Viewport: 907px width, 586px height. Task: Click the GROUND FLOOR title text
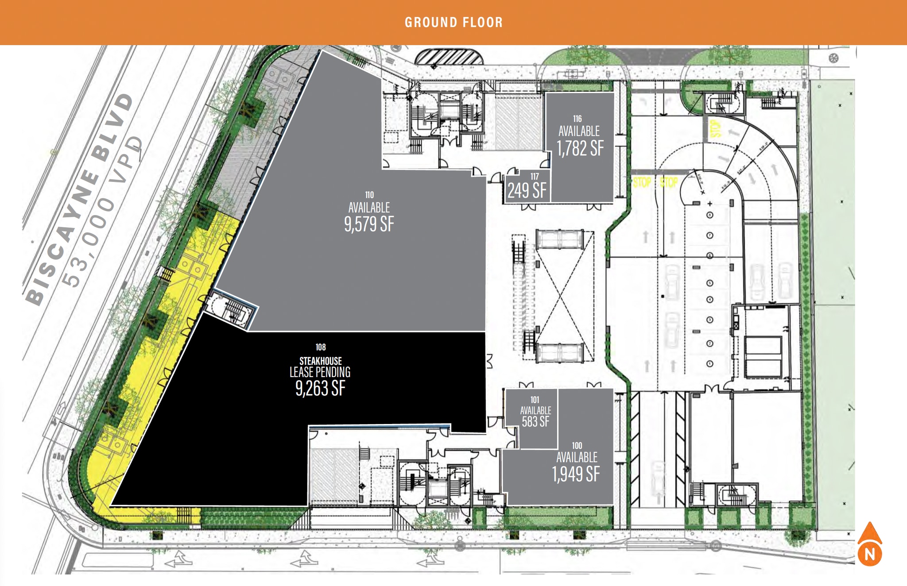(453, 22)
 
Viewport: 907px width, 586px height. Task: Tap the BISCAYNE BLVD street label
(80, 199)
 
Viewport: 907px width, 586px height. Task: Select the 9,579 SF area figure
(369, 224)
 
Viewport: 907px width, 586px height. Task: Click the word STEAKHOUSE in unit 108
(321, 361)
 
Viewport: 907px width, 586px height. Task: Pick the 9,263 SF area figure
(320, 388)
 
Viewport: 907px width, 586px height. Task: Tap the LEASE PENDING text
(320, 372)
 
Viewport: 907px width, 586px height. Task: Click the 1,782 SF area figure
(580, 148)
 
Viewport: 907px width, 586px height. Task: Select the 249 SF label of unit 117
(527, 191)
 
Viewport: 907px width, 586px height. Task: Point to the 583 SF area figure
(535, 421)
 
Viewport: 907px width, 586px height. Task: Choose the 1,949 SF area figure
(576, 474)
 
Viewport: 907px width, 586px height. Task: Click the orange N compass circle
(870, 554)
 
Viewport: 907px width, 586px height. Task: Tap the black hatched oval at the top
(449, 57)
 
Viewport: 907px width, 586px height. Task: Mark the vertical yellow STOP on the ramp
(715, 128)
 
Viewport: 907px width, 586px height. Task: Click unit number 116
(578, 119)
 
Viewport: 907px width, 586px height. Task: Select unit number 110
(369, 195)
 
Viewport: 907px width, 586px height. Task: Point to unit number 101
(535, 400)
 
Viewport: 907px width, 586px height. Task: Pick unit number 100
(577, 446)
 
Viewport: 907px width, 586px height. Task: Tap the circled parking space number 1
(710, 364)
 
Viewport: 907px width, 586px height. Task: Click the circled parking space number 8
(710, 215)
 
